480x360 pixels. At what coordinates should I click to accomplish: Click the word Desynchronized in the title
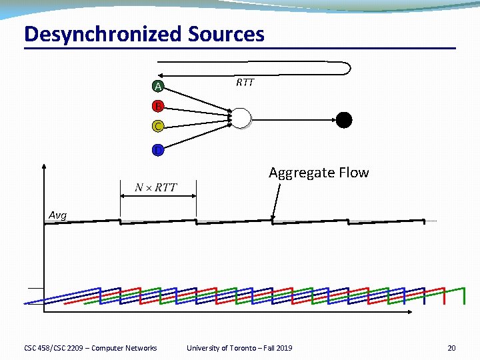click(x=103, y=34)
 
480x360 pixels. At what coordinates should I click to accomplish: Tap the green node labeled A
click(x=157, y=87)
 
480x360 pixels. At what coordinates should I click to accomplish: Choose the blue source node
click(x=157, y=150)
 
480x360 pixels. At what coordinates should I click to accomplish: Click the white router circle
click(x=241, y=118)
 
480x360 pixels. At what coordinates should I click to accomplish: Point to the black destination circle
click(x=343, y=119)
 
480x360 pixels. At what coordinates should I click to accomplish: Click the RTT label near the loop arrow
click(x=245, y=83)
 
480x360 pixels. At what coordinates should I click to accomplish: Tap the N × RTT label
click(x=156, y=187)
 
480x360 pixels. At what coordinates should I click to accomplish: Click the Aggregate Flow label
click(x=319, y=173)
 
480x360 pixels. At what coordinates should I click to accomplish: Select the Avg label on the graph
click(x=58, y=215)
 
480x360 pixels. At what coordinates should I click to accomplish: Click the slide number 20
click(x=451, y=348)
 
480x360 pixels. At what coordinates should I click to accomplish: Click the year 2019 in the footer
click(x=283, y=348)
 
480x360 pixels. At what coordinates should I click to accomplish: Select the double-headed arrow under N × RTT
click(x=158, y=196)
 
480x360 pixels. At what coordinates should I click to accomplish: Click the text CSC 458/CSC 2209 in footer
click(x=53, y=348)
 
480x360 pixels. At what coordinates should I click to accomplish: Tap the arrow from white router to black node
click(x=293, y=119)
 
